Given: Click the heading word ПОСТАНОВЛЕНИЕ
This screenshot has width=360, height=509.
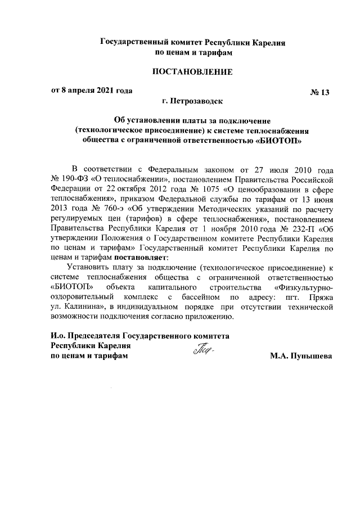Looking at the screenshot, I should point(192,73).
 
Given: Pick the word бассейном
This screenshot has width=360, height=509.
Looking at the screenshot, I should point(197,296).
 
